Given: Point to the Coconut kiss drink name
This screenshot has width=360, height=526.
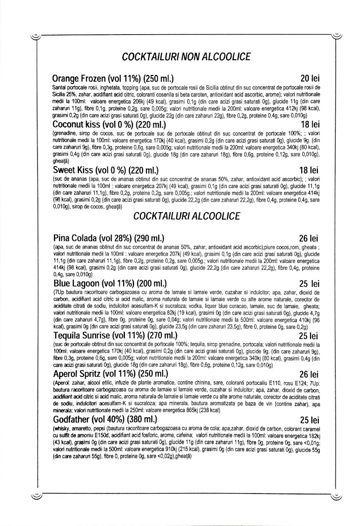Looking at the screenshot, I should click(x=77, y=124).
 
